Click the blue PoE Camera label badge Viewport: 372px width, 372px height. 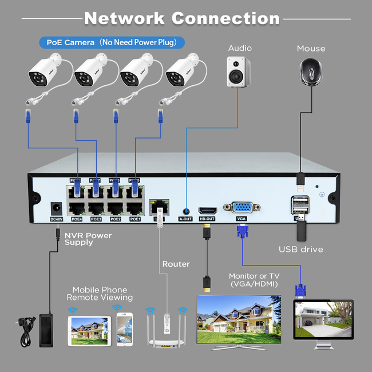click(112, 42)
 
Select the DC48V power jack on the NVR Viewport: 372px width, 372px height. click(56, 208)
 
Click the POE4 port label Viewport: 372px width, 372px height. click(77, 219)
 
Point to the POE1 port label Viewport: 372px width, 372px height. click(135, 219)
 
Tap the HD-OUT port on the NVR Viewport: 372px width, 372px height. click(207, 210)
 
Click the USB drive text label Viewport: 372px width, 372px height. click(300, 249)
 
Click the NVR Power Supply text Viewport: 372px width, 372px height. click(88, 239)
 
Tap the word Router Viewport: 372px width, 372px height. click(176, 264)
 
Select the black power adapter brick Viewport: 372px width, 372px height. click(46, 329)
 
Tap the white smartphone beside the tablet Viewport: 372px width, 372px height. click(124, 330)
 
